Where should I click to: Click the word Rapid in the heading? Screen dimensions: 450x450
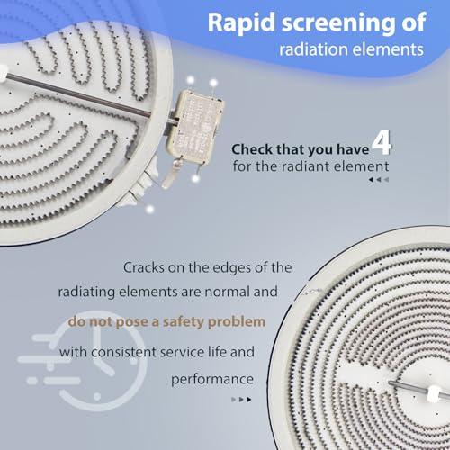pyautogui.click(x=241, y=23)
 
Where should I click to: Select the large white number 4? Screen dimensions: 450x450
pyautogui.click(x=382, y=142)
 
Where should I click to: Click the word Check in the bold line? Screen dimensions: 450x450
pyautogui.click(x=251, y=149)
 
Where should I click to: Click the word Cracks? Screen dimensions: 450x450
pyautogui.click(x=143, y=267)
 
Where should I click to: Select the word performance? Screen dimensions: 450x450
pyautogui.click(x=212, y=380)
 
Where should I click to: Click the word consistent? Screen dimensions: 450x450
pyautogui.click(x=123, y=352)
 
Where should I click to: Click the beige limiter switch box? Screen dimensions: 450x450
pyautogui.click(x=195, y=127)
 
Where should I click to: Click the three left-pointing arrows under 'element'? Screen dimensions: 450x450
pyautogui.click(x=379, y=180)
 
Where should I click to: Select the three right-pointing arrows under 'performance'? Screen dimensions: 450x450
pyautogui.click(x=241, y=400)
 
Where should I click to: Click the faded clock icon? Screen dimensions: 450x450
pyautogui.click(x=83, y=360)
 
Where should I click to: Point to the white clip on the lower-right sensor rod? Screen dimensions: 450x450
pyautogui.click(x=435, y=393)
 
